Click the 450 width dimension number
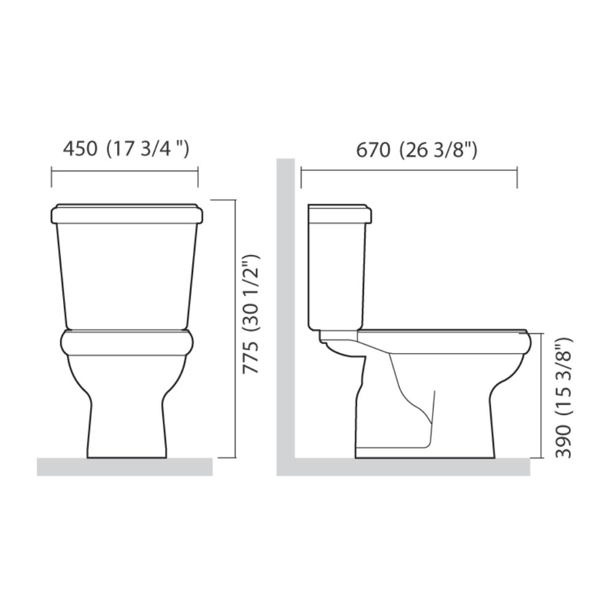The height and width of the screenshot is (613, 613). (80, 149)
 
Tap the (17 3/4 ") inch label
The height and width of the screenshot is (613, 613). (148, 150)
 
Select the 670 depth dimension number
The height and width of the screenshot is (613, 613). (373, 150)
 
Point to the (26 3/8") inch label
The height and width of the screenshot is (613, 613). (438, 151)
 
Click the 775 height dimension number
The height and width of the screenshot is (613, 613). (250, 357)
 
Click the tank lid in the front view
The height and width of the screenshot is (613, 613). (127, 213)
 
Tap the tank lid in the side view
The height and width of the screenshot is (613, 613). (340, 213)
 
